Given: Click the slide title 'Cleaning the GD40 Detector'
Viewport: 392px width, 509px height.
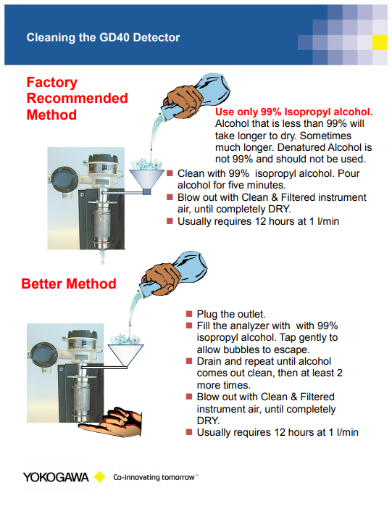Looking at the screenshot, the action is click(x=103, y=37).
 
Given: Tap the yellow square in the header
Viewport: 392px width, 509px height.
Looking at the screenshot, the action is click(x=380, y=42).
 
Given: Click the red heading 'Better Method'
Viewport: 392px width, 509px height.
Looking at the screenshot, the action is click(x=69, y=284).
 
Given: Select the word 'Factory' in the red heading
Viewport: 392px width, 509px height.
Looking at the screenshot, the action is click(x=52, y=83).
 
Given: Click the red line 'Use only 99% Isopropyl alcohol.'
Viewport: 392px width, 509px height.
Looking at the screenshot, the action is click(x=294, y=112).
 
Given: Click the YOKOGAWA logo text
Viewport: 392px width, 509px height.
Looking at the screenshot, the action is click(x=56, y=477).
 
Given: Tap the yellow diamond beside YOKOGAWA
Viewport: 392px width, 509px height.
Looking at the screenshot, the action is click(x=99, y=477).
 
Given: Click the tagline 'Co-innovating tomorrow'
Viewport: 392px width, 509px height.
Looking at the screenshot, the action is click(x=154, y=477).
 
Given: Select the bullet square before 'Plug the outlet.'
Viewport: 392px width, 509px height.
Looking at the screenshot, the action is click(x=189, y=313).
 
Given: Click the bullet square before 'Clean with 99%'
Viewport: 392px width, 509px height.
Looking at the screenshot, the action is click(x=170, y=173).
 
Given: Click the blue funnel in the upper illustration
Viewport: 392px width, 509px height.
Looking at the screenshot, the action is click(x=147, y=181).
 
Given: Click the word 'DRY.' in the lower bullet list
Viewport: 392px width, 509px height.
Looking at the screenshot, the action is click(x=209, y=421).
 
